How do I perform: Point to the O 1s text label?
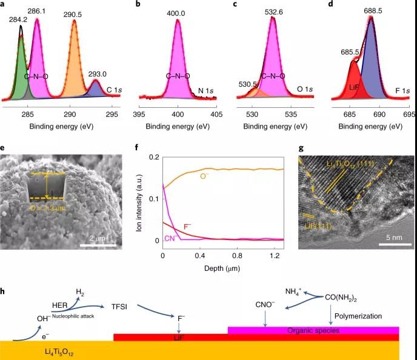[304, 90]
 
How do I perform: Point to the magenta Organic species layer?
[313, 330]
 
